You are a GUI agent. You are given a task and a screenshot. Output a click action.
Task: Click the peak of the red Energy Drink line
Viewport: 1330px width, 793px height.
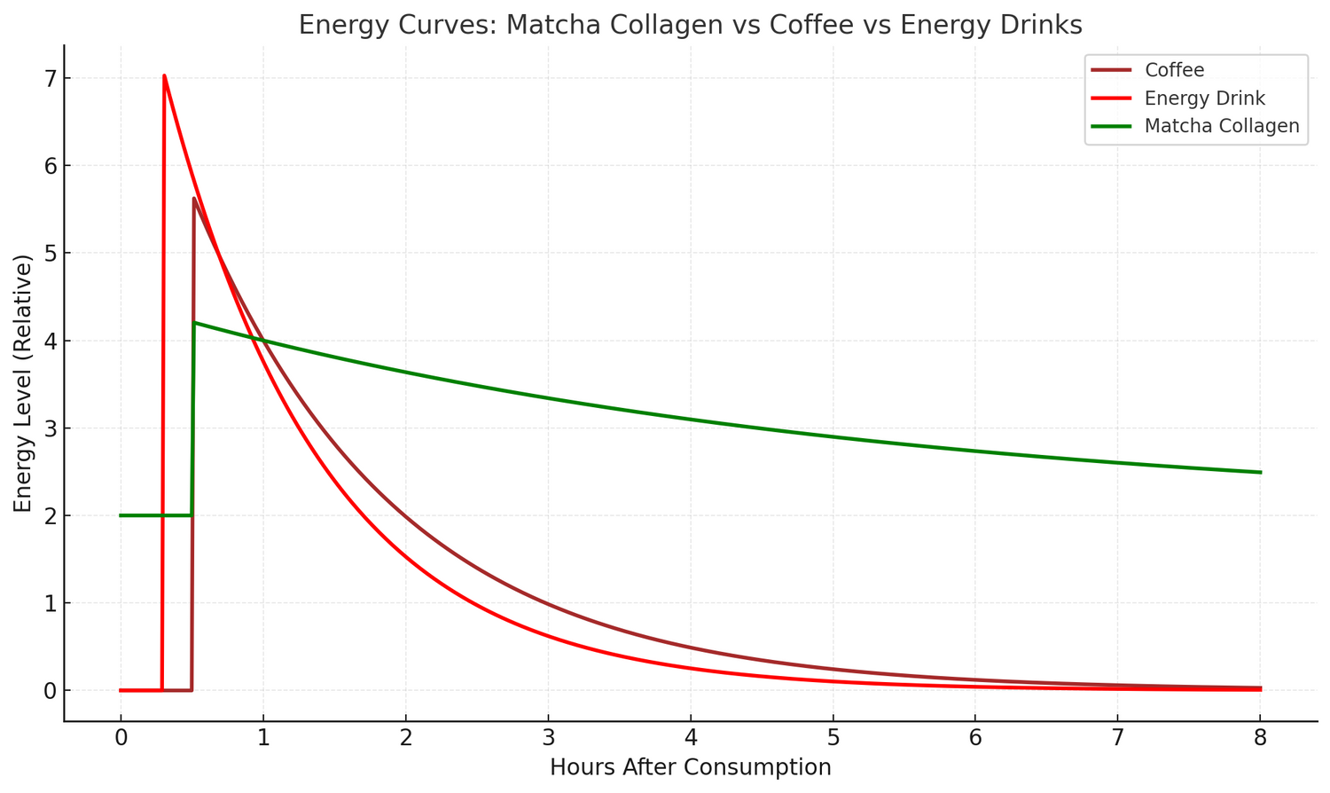pos(164,76)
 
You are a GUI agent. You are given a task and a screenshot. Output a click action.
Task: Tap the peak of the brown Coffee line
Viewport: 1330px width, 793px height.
pos(193,199)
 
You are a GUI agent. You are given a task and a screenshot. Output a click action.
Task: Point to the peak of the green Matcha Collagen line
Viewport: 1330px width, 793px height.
pos(194,322)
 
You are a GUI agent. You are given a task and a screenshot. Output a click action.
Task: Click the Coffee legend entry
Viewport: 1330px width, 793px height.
pos(1174,70)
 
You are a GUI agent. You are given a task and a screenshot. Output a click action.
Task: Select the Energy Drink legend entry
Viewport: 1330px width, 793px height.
pos(1204,98)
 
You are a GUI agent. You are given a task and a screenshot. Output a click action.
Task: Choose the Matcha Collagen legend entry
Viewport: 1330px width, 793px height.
pos(1221,126)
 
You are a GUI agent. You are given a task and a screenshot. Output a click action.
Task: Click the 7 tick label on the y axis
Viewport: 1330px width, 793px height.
pos(50,79)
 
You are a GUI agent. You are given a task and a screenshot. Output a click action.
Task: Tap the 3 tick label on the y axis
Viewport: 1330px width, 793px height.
pos(50,428)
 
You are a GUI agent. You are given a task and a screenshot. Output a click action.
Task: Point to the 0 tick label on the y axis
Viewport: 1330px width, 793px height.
pos(50,691)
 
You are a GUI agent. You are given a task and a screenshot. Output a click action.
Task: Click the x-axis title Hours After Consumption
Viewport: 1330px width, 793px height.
pos(690,767)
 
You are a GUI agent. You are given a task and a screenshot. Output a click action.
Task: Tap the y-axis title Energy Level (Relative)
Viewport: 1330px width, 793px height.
pos(23,383)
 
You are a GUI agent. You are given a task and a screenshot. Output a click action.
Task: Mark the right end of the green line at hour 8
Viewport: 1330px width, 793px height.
pos(1260,472)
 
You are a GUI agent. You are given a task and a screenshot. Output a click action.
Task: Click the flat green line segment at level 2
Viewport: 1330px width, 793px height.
pos(155,515)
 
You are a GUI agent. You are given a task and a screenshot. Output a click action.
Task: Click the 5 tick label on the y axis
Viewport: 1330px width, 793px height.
pos(50,254)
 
